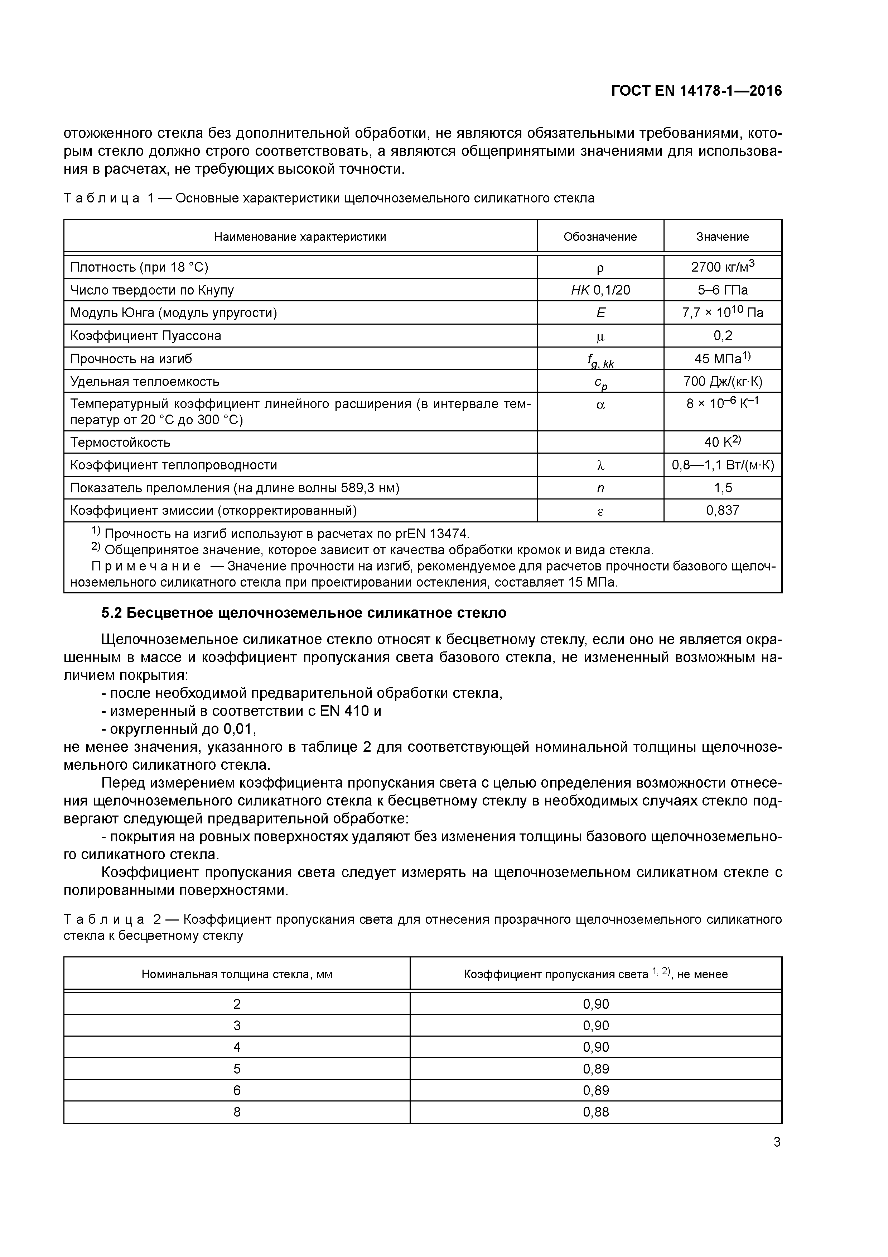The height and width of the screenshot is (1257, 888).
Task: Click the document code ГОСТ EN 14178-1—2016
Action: (x=696, y=91)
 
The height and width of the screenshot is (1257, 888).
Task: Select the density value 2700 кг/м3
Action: (x=722, y=267)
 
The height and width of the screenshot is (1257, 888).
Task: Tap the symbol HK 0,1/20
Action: (x=600, y=290)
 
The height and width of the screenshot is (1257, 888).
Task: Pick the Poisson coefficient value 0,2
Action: (x=722, y=336)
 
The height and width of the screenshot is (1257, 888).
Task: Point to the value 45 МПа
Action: (x=722, y=359)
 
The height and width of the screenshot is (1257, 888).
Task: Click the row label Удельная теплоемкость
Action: (x=144, y=382)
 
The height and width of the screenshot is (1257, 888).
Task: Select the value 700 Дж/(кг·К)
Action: (x=722, y=382)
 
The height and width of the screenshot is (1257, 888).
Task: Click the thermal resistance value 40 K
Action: (x=722, y=442)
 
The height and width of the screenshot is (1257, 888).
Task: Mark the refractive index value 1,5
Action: (x=722, y=488)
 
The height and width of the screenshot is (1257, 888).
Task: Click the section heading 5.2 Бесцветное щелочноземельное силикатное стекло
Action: (x=304, y=613)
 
